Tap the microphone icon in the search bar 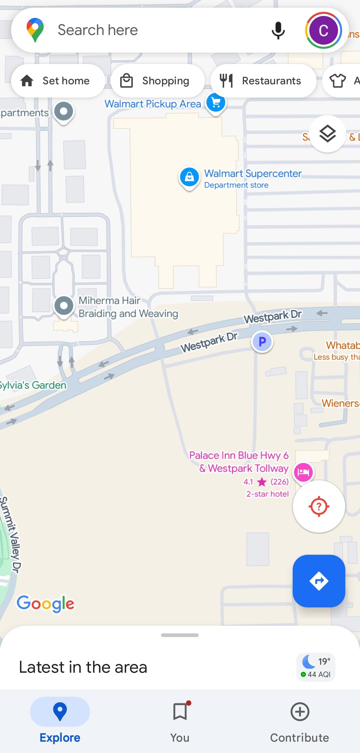coord(278,30)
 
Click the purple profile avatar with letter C coord(323,30)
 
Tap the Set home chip coord(57,81)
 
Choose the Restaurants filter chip coord(263,81)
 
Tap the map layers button coord(328,134)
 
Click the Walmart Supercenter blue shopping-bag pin coord(189,177)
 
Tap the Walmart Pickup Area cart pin coord(216,103)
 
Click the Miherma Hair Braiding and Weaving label coord(128,307)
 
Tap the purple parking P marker coord(262,342)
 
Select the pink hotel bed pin coord(303,472)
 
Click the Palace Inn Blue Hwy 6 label coord(239,462)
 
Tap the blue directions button coord(319,581)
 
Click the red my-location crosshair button coord(319,506)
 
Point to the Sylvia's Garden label coord(33,385)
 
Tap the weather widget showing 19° coord(316,667)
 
